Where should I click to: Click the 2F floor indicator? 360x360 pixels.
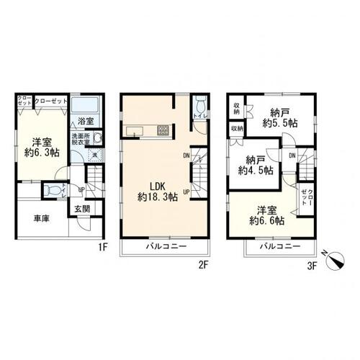coord(203,264)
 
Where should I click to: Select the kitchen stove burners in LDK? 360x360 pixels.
coord(163,130)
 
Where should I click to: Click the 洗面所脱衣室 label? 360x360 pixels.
coord(79,140)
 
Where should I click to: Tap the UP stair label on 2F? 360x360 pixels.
coord(186,192)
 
